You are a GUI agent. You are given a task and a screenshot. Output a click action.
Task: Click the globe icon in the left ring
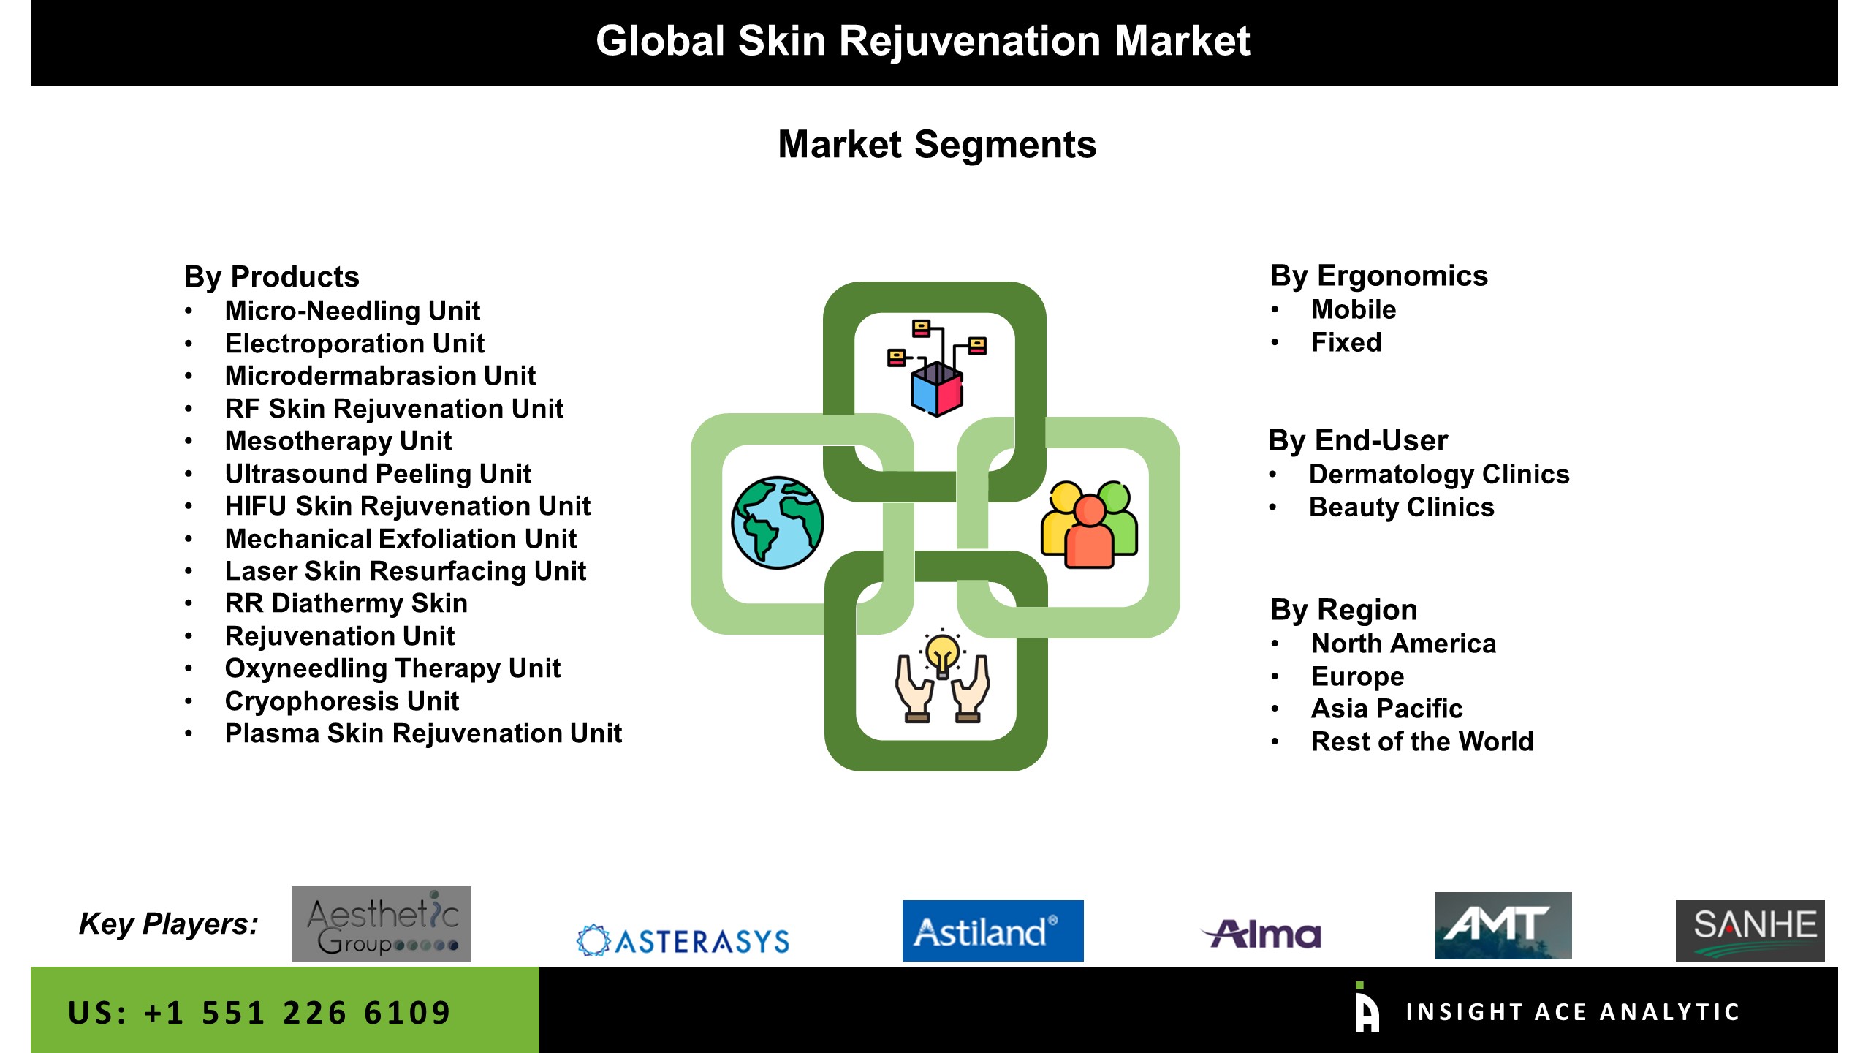point(778,523)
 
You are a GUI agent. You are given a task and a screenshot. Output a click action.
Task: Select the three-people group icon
point(1089,524)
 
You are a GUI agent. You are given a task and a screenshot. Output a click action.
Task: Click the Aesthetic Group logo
point(382,924)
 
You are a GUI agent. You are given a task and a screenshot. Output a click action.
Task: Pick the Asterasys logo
point(683,940)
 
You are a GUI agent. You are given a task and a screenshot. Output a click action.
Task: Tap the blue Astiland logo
point(993,930)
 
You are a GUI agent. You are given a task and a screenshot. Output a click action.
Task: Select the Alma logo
point(1262,934)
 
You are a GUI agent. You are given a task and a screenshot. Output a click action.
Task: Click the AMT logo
point(1503,925)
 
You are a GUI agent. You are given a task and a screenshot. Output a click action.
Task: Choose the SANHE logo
point(1750,930)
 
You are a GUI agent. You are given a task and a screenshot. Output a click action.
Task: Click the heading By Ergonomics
point(1379,276)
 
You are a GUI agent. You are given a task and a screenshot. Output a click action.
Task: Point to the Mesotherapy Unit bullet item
point(338,441)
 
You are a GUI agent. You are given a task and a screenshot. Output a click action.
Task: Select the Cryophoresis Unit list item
point(342,701)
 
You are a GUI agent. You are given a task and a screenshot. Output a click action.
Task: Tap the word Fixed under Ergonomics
point(1346,342)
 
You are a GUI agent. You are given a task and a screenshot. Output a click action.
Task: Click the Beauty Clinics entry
point(1402,507)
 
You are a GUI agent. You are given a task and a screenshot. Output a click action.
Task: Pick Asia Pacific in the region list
point(1387,709)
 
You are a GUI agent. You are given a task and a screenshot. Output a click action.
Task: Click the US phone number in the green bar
point(259,1013)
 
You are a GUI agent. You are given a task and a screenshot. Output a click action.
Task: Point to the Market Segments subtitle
point(937,144)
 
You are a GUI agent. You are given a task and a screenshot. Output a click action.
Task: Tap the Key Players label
point(169,924)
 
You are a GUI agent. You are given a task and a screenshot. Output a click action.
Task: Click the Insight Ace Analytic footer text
point(1572,1012)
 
